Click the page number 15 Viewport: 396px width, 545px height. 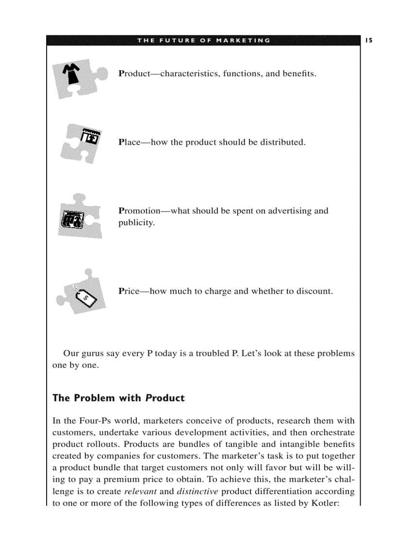coord(369,40)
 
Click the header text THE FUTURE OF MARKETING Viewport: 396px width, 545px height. coord(204,40)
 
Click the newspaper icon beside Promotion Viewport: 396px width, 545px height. coord(73,218)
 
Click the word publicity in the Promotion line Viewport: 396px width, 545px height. coord(136,223)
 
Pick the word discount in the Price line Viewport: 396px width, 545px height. coord(315,291)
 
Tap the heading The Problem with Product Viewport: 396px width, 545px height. coord(118,398)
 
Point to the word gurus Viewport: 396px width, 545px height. coord(94,353)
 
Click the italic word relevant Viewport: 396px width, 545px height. coord(140,491)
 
